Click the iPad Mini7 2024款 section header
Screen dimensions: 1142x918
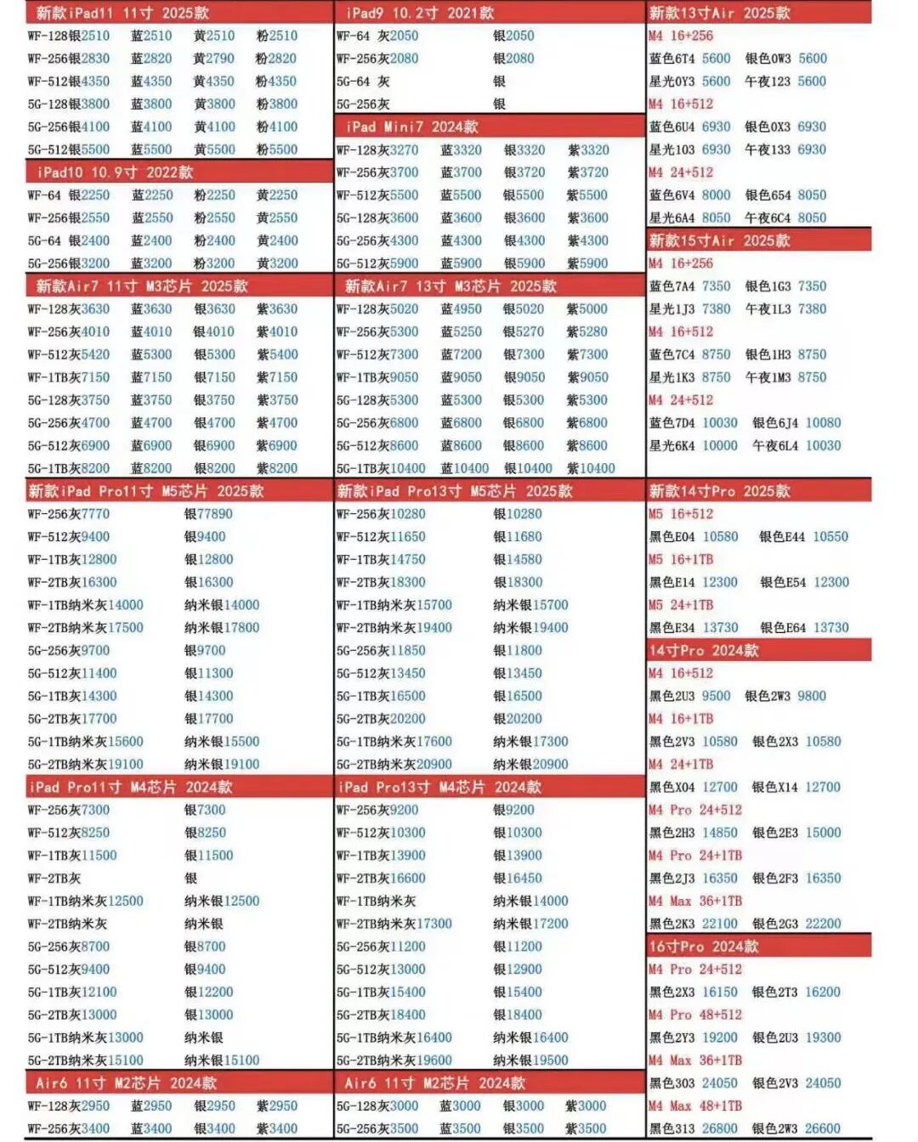tap(412, 127)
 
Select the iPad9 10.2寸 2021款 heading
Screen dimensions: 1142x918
tap(420, 13)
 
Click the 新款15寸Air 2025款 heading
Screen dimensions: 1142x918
tap(719, 240)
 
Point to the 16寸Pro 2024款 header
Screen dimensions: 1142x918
tap(704, 947)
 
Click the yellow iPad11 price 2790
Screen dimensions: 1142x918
tap(220, 59)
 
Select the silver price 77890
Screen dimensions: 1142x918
tap(215, 514)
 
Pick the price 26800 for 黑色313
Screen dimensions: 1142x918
tap(720, 1128)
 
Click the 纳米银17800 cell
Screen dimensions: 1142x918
tap(222, 628)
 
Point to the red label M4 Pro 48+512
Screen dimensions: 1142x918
tap(694, 1015)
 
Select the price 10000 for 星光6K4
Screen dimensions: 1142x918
tap(720, 445)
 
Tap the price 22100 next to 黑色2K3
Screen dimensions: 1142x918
tap(720, 924)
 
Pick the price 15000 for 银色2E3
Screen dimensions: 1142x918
tap(823, 833)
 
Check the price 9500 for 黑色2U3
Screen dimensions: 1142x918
tap(716, 696)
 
